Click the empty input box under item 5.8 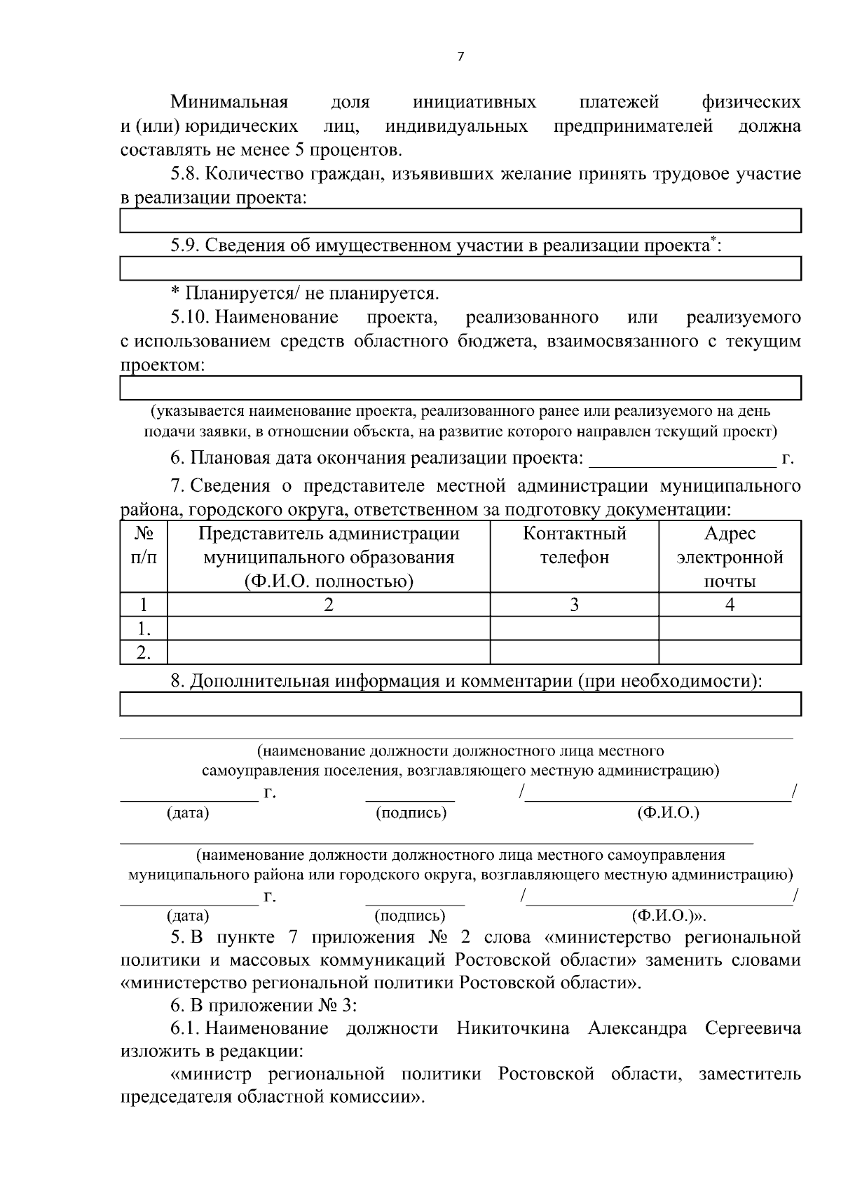pos(460,221)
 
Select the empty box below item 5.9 pos(460,269)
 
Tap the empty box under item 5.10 pos(460,387)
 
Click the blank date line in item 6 pos(681,459)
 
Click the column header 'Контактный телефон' pos(574,546)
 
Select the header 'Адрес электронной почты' pos(730,557)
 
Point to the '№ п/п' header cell pos(144,546)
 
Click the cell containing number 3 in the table pos(574,605)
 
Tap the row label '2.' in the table pos(144,652)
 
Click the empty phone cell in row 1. pos(574,628)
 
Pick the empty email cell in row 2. pos(730,652)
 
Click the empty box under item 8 pos(460,704)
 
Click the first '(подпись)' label pos(411,813)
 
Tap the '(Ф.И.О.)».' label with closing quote pos(669,916)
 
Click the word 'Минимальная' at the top pos(229,102)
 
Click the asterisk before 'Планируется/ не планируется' pos(175,292)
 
